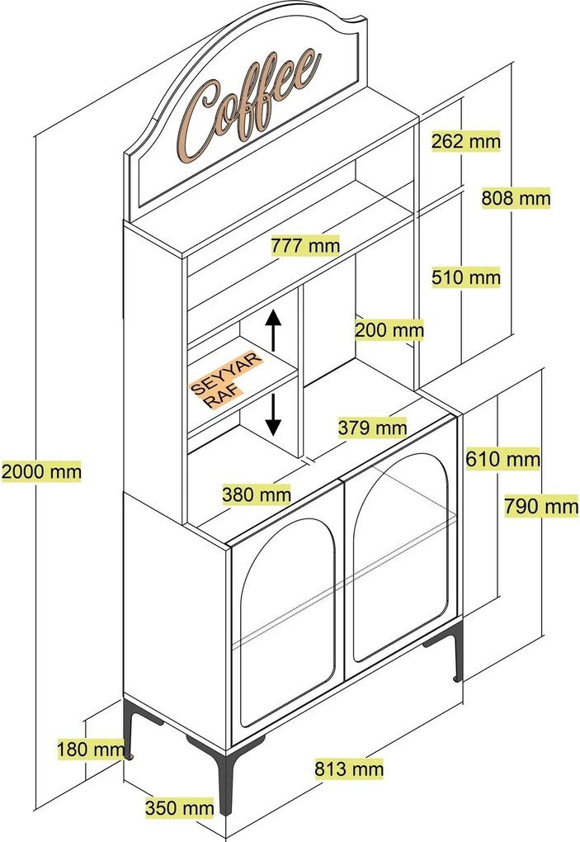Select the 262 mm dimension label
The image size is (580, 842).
[x=465, y=141]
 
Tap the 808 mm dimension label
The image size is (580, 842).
[x=516, y=198]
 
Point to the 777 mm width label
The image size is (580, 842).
[x=305, y=245]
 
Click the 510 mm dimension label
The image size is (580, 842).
[x=465, y=277]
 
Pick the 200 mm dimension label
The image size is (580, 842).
[x=389, y=330]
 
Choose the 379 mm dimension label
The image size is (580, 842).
[x=372, y=428]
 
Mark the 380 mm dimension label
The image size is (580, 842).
[x=257, y=494]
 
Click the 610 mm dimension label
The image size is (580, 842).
[x=502, y=458]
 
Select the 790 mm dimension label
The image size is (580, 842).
[x=541, y=505]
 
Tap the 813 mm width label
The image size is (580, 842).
[x=349, y=769]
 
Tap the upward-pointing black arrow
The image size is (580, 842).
[x=274, y=329]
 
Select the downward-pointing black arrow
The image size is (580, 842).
[x=274, y=415]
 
